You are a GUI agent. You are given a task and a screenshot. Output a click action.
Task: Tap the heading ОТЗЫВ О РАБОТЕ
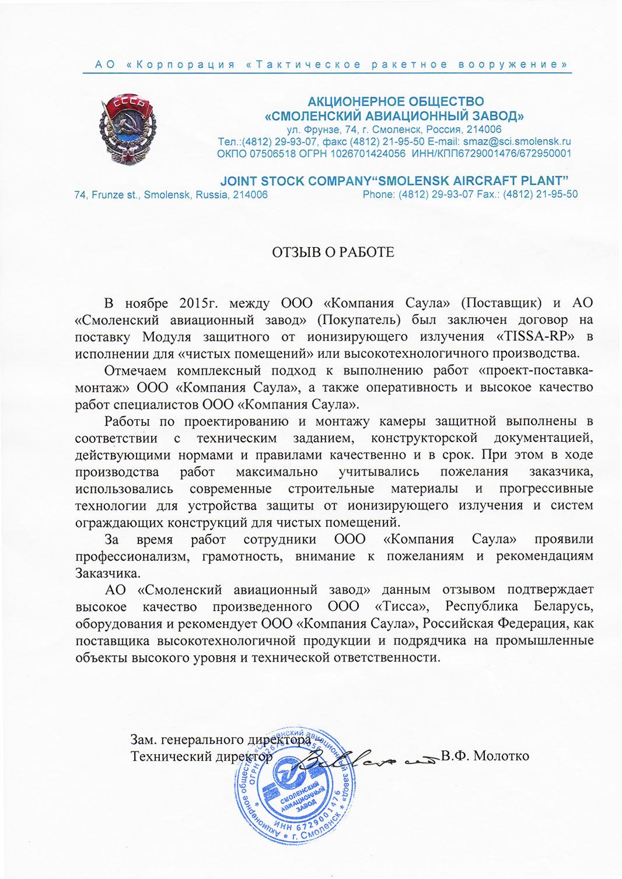click(333, 252)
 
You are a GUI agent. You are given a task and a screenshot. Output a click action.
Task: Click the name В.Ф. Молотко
click(485, 756)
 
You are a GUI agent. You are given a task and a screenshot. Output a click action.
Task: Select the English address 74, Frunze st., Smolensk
click(171, 195)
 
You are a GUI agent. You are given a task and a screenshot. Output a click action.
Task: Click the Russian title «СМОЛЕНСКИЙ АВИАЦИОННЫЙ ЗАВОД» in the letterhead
click(394, 115)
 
